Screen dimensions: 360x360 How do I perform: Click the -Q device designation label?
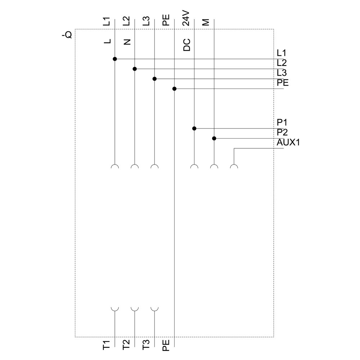[x=67, y=35]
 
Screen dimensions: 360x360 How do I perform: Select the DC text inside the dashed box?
[x=186, y=45]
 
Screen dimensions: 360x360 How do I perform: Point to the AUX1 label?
[x=288, y=143]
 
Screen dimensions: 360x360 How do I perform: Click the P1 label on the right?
[x=282, y=123]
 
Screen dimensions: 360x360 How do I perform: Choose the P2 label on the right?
[x=282, y=132]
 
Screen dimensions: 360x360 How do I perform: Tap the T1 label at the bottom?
[x=106, y=345]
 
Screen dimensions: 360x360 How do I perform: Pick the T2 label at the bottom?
[x=126, y=345]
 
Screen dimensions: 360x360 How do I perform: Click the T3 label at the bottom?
[x=146, y=345]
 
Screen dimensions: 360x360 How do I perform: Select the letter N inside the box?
[x=127, y=42]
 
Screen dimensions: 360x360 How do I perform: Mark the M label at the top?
[x=206, y=22]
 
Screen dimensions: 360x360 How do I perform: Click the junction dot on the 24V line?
[x=194, y=128]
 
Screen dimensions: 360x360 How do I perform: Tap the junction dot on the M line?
[x=214, y=138]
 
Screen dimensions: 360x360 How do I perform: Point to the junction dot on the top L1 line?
[x=115, y=59]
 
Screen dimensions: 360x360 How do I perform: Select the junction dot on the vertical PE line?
[x=175, y=89]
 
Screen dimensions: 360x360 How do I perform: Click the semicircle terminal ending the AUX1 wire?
[x=234, y=167]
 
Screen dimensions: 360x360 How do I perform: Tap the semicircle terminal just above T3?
[x=154, y=309]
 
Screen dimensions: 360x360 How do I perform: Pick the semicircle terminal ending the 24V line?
[x=194, y=167]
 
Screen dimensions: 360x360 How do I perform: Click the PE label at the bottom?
[x=166, y=345]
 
